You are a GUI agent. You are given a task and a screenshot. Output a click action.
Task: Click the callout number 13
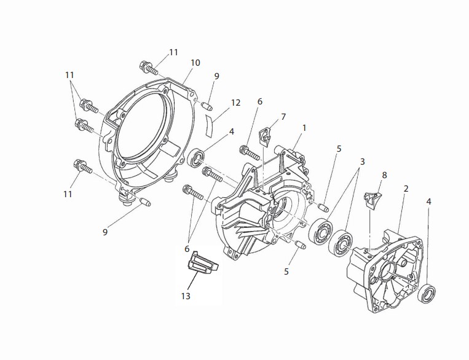tap(186, 296)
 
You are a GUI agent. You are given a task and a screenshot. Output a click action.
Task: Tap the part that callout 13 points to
tap(202, 264)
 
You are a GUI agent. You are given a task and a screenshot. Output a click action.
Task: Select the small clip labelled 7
tap(265, 135)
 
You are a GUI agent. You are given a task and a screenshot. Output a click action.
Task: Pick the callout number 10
tap(195, 63)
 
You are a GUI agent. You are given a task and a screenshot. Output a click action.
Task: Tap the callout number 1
tap(304, 128)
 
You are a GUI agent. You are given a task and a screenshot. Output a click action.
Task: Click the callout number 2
tap(406, 189)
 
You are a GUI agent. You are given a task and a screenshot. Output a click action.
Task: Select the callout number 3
tap(362, 162)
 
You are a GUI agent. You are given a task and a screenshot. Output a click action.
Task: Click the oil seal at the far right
tap(427, 294)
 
